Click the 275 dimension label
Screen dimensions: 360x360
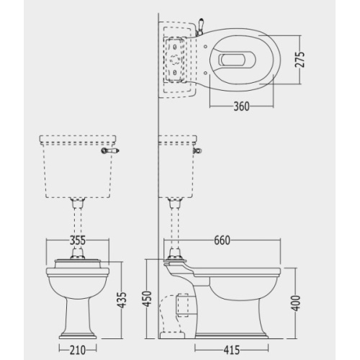click(x=300, y=60)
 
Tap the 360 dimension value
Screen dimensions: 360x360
click(x=242, y=107)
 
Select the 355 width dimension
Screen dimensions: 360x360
click(x=78, y=240)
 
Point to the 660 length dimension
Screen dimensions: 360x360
click(x=222, y=240)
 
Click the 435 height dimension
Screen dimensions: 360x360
click(x=122, y=300)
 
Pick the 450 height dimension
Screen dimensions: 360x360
click(x=146, y=298)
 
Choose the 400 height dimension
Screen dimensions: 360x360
click(x=296, y=303)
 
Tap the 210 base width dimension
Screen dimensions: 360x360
click(x=78, y=350)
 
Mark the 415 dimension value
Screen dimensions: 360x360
click(x=232, y=350)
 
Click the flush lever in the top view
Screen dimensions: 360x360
click(x=200, y=26)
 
